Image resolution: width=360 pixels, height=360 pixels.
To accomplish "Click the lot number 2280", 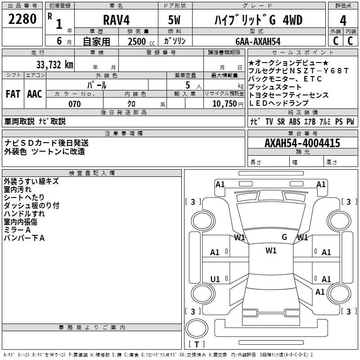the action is (22, 19).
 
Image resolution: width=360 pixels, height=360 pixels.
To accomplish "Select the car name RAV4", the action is (116, 20).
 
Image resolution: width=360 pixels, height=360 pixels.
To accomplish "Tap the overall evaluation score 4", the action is (343, 21).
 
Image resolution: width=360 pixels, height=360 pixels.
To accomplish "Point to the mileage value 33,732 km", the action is (55, 65).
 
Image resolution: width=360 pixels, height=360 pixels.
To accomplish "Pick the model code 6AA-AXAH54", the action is (258, 41).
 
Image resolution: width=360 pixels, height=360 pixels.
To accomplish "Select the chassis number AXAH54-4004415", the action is (302, 143).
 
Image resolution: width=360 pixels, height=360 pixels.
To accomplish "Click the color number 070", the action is (74, 104).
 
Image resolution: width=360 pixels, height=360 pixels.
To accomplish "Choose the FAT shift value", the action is (13, 94).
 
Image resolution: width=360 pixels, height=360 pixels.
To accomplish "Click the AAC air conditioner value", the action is (35, 94).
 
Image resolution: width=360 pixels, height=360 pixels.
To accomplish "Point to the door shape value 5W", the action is (174, 20).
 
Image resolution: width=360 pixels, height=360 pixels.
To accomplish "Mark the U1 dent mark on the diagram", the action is (215, 279).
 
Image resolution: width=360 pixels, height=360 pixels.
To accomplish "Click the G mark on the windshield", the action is (284, 237).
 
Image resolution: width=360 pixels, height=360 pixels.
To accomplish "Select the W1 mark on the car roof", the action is (271, 251).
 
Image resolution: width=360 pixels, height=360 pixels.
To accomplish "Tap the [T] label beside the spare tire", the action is (197, 344).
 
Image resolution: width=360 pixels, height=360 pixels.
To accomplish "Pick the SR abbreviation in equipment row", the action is (281, 121).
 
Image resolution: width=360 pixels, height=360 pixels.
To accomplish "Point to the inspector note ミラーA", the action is (17, 230).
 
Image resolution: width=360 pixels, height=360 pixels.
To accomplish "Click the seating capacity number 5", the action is (188, 85).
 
